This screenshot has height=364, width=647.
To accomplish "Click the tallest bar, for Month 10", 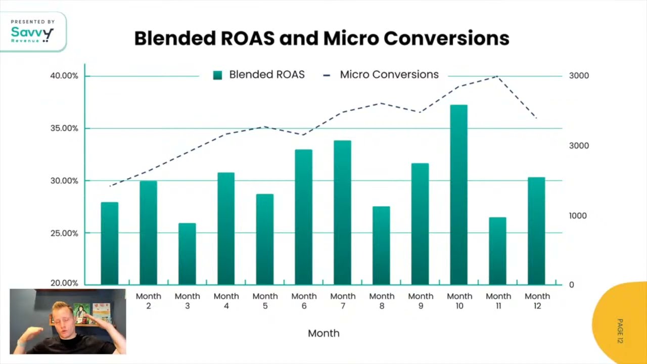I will pyautogui.click(x=458, y=195).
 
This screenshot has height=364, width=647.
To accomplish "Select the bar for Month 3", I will pyautogui.click(x=187, y=254).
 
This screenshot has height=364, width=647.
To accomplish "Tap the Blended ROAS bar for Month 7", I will pyautogui.click(x=342, y=212).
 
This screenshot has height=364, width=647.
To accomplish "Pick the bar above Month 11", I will pyautogui.click(x=497, y=251).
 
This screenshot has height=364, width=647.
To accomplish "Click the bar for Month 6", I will pyautogui.click(x=303, y=217).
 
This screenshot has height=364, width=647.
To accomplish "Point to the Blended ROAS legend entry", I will pyautogui.click(x=259, y=75).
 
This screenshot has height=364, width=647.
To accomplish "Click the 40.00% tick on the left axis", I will pyautogui.click(x=64, y=76).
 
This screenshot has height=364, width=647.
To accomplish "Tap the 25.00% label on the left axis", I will pyautogui.click(x=64, y=233).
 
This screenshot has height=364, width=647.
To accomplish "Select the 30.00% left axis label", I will pyautogui.click(x=64, y=181).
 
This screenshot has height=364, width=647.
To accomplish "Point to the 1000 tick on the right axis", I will pyautogui.click(x=578, y=216).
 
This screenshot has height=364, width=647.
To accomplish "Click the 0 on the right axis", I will pyautogui.click(x=572, y=285).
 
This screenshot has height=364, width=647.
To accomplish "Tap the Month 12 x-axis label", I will pyautogui.click(x=537, y=300).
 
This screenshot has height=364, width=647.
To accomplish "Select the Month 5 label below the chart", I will pyautogui.click(x=265, y=300).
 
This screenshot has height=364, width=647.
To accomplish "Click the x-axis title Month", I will pyautogui.click(x=323, y=333).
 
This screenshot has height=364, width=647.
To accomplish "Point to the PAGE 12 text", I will pyautogui.click(x=620, y=331).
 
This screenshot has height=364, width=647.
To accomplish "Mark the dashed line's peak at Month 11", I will pyautogui.click(x=497, y=76).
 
